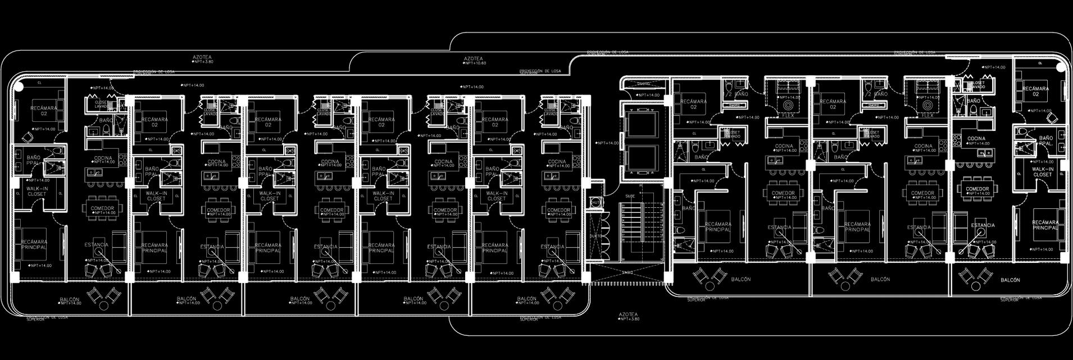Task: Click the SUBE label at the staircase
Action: (630, 196)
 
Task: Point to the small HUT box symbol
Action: (595, 202)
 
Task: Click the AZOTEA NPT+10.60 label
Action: (474, 59)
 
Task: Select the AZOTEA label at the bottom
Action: (628, 315)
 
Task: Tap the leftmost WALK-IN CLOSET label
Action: (37, 191)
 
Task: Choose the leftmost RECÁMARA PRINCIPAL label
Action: (34, 245)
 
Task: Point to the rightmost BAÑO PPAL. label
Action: (1045, 140)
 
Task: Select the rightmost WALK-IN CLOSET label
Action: (1042, 172)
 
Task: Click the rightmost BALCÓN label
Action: (1010, 280)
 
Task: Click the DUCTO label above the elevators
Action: (643, 84)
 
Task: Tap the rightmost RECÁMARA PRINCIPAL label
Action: (1045, 225)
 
